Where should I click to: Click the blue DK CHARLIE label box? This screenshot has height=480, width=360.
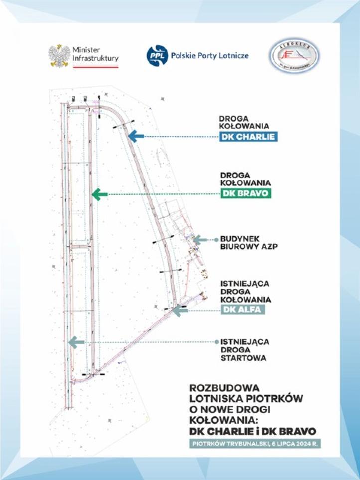pyautogui.click(x=248, y=136)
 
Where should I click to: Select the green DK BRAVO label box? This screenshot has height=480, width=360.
pyautogui.click(x=246, y=194)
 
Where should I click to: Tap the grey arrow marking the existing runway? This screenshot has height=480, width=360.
pyautogui.click(x=76, y=342)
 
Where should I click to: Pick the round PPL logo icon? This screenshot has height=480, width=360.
pyautogui.click(x=155, y=56)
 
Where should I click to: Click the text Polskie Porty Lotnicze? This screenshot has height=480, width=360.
pyautogui.click(x=209, y=56)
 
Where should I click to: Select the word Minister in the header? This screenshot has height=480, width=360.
pyautogui.click(x=86, y=50)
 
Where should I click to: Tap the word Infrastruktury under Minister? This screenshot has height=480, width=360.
pyautogui.click(x=95, y=59)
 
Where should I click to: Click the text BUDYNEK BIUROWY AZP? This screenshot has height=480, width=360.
pyautogui.click(x=248, y=243)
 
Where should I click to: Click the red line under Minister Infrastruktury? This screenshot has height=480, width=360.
pyautogui.click(x=95, y=67)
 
